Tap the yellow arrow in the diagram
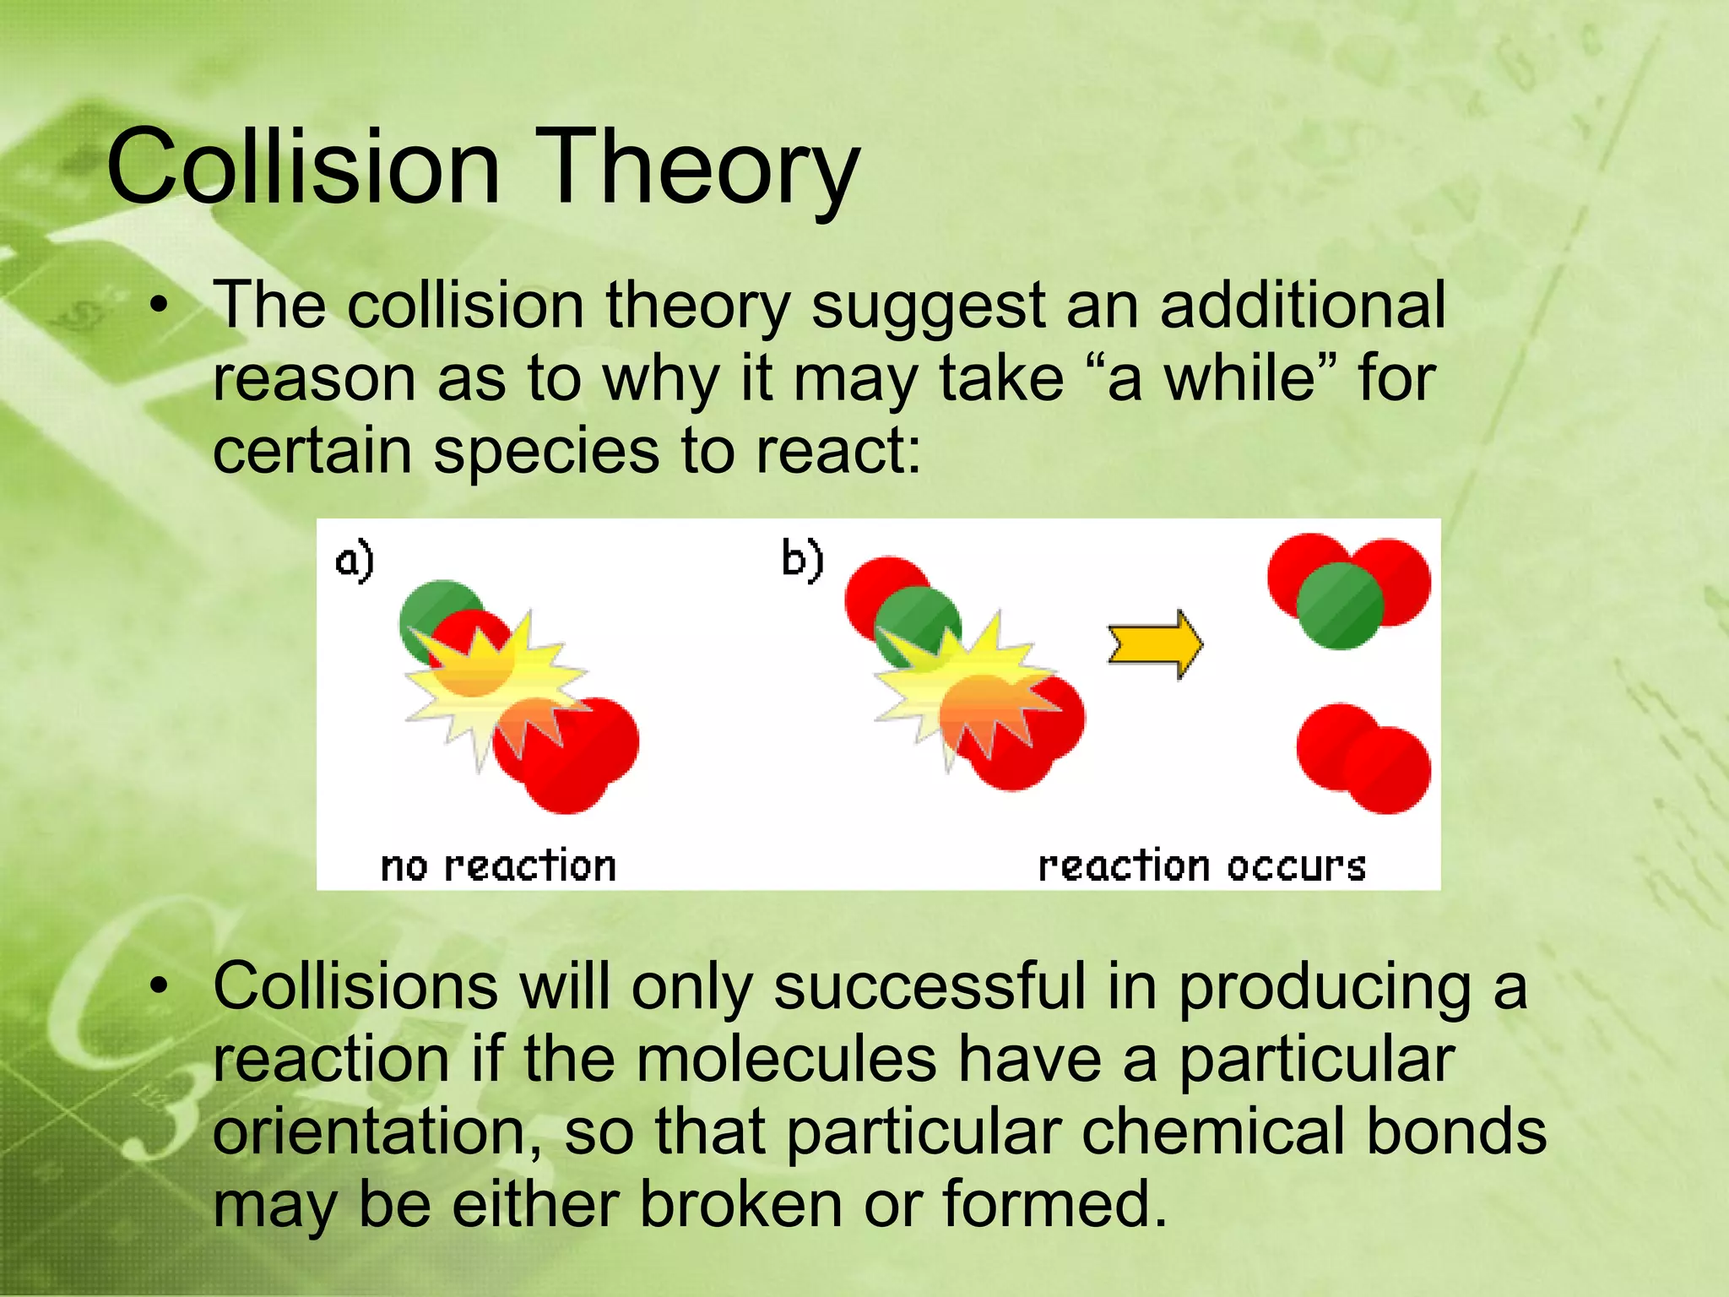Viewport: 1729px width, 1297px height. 1155,644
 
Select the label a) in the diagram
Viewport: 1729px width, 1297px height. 354,562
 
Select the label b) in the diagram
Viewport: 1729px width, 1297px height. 801,560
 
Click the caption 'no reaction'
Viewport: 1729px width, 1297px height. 498,866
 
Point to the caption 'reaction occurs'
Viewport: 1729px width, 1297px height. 1201,866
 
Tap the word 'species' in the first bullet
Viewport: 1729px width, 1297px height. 546,451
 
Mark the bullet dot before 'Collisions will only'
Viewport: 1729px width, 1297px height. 158,986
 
